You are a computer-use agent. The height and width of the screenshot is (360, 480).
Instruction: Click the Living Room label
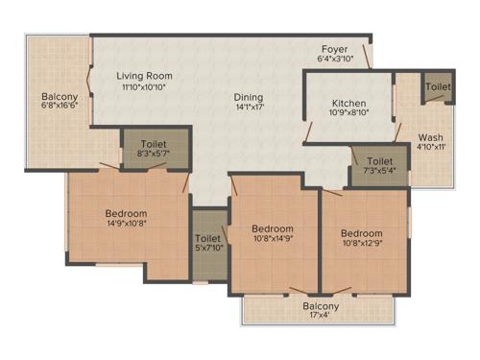(144, 76)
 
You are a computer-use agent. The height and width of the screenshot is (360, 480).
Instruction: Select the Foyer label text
(334, 48)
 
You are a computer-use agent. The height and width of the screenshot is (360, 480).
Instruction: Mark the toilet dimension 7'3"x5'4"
(379, 172)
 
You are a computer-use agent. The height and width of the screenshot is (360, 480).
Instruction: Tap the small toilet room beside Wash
(439, 86)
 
